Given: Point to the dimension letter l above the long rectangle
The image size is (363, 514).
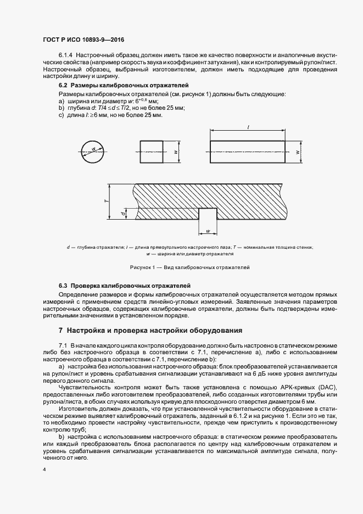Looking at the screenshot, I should coord(249,127).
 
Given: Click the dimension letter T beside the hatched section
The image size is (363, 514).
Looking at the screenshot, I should coord(105,202).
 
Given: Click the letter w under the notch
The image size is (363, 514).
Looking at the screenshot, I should coord(207,231).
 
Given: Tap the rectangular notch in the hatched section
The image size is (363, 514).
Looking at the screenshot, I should coord(207,215).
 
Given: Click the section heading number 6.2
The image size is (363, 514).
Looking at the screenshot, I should coord(63,86).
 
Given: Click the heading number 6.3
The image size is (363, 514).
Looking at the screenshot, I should coord(63,286).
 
